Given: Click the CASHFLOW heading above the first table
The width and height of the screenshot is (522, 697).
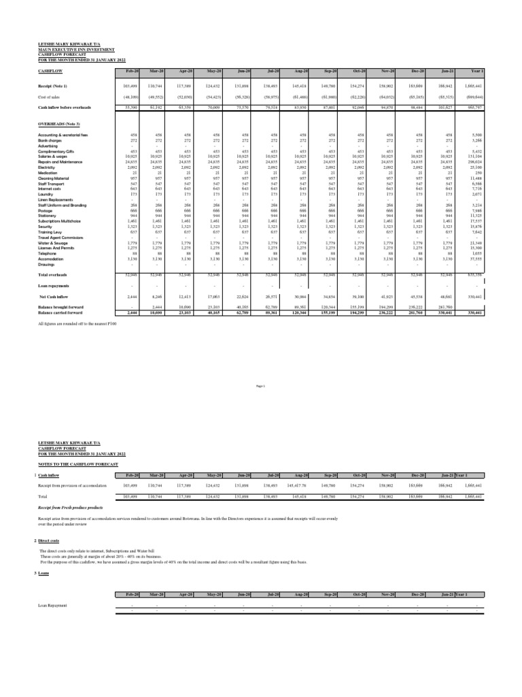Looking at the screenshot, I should click(x=49, y=71).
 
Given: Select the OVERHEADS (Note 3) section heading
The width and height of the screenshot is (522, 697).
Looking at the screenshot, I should click(x=59, y=124).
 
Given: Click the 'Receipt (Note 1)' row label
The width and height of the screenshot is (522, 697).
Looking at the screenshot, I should click(x=53, y=86).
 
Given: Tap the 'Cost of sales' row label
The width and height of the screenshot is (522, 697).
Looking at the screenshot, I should click(x=49, y=97).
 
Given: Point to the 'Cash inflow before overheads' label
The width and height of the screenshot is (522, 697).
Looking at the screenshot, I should click(x=64, y=108).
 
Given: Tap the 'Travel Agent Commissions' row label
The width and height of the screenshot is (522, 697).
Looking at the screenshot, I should click(x=61, y=236).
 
